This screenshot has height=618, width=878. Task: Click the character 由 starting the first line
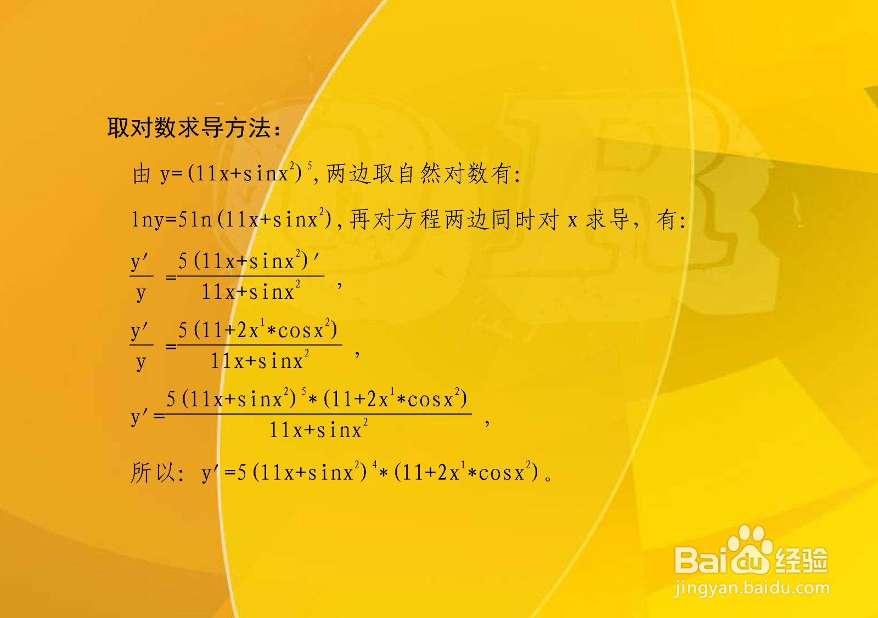(x=142, y=174)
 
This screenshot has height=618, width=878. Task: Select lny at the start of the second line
(x=147, y=220)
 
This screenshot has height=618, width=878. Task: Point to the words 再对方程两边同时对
(x=454, y=220)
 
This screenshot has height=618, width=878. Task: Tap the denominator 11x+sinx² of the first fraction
(x=250, y=291)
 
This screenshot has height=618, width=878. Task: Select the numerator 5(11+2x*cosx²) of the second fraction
(x=257, y=330)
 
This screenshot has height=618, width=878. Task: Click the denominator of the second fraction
(x=260, y=360)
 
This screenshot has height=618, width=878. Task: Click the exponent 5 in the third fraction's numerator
(x=304, y=392)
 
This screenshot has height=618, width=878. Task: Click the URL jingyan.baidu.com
(x=752, y=588)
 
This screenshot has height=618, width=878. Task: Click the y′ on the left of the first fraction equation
(x=140, y=262)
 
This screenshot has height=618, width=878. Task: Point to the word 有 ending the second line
(x=666, y=220)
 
